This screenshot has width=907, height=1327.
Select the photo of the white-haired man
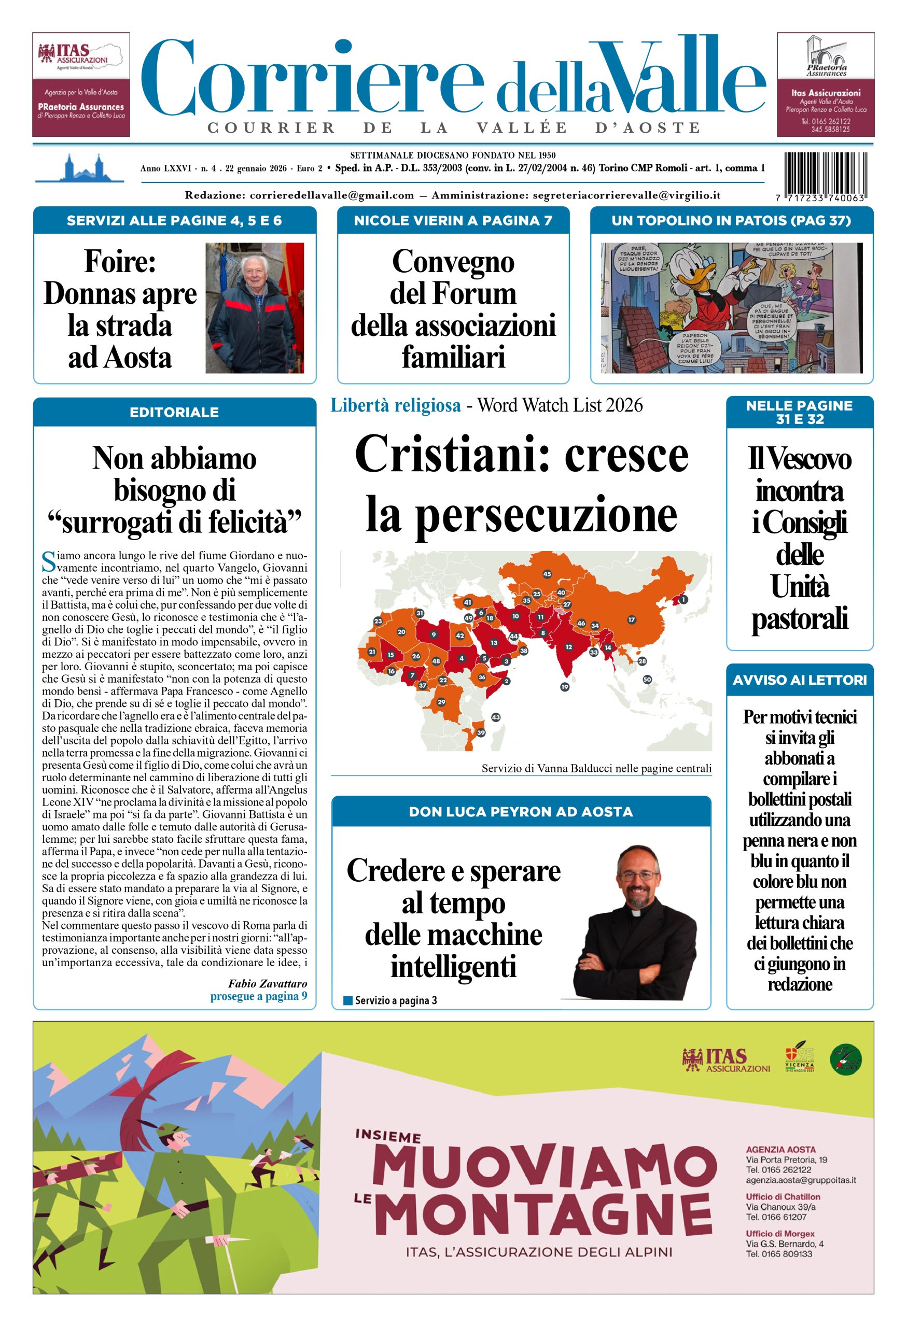[254, 308]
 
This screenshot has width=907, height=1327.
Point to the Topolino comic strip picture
[731, 308]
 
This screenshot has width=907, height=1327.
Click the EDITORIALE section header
[174, 412]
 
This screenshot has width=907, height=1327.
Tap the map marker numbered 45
[547, 574]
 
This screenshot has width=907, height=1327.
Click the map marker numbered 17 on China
[631, 619]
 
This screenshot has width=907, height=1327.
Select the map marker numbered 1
[683, 600]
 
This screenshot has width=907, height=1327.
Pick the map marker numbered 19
[564, 687]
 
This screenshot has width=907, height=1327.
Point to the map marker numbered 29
[441, 702]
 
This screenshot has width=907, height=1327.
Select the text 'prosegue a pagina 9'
[258, 996]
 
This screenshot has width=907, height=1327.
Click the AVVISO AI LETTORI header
[799, 680]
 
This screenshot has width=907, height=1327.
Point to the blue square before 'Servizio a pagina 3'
[348, 1000]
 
